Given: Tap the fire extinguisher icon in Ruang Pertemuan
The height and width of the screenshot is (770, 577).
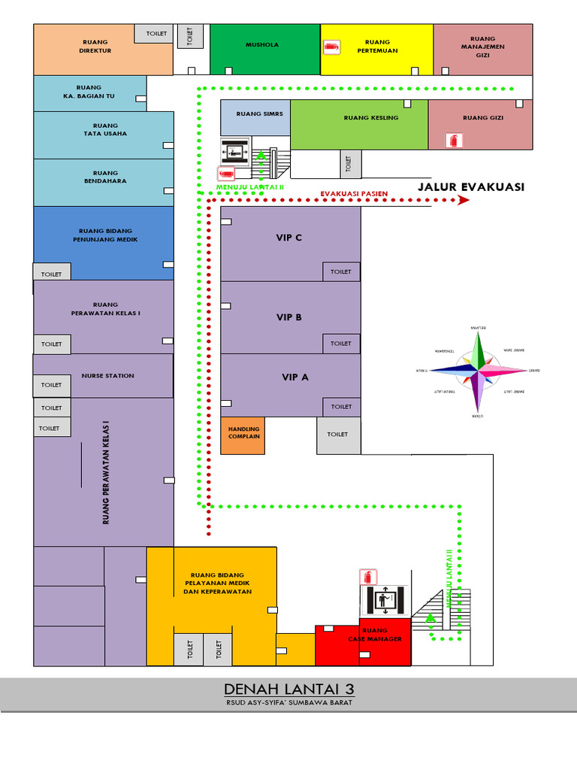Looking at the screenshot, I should click(330, 48).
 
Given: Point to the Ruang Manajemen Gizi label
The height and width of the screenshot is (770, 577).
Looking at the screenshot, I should click(482, 47).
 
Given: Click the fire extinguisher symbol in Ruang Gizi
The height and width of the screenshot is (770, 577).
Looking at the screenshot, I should click(453, 140).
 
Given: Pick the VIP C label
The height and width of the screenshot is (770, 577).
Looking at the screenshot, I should click(288, 238).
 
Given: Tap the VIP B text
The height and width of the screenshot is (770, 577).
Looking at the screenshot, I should click(288, 317).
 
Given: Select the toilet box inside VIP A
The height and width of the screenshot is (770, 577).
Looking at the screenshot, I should click(341, 407).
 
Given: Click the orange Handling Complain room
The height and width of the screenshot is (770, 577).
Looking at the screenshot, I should click(243, 435).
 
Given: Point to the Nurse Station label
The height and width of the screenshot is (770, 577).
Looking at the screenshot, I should click(108, 375).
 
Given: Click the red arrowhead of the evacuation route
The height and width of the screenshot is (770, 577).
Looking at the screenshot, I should click(464, 201).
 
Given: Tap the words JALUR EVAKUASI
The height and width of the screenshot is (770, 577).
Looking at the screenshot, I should click(471, 187).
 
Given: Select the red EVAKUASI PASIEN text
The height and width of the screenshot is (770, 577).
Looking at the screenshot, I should click(354, 194).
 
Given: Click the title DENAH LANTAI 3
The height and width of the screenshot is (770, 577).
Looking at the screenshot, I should click(288, 690).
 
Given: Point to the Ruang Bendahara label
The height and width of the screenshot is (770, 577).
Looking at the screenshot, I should click(105, 177).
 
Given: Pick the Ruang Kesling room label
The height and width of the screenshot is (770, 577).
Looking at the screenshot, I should click(371, 118).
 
